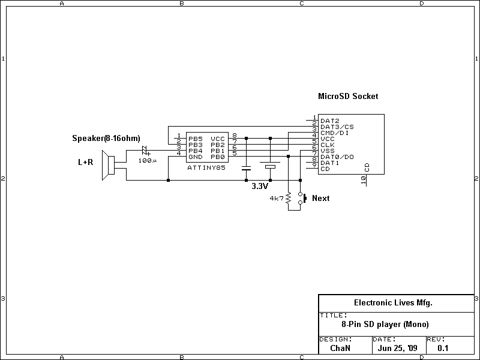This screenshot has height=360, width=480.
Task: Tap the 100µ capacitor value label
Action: [147, 161]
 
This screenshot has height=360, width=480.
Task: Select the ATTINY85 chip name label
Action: [206, 168]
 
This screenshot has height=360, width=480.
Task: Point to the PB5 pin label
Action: [195, 139]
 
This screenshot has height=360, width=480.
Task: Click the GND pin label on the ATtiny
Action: [195, 157]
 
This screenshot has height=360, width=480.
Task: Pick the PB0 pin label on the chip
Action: [217, 157]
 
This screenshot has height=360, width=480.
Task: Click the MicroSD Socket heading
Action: [348, 96]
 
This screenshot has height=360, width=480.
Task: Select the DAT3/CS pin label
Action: [337, 127]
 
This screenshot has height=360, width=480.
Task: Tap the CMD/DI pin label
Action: [335, 133]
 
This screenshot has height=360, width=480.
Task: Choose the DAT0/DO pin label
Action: [337, 157]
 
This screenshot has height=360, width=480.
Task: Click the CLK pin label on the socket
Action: [327, 145]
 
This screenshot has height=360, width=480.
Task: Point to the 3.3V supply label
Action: [260, 186]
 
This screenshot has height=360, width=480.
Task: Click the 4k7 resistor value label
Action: [277, 198]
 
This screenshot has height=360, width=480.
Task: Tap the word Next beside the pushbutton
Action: [321, 199]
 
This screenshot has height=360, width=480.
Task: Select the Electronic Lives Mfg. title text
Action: [393, 303]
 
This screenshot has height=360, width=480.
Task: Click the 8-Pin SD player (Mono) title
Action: [385, 325]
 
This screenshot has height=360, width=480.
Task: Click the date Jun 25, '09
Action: [398, 347]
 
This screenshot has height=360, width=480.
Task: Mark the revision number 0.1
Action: [443, 347]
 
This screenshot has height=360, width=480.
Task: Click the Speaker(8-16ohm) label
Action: [106, 139]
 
